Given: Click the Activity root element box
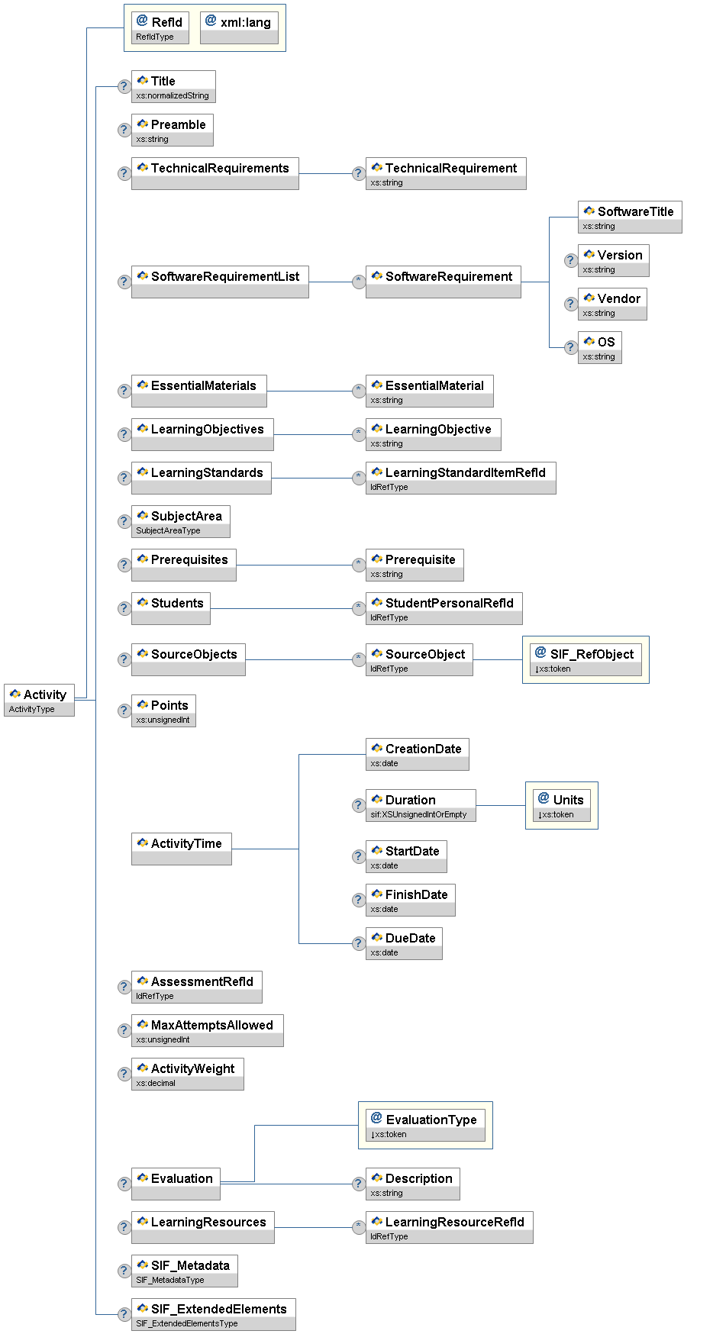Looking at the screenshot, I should (40, 699).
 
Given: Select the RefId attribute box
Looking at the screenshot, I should (160, 27).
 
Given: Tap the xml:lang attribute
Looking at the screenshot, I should (239, 27).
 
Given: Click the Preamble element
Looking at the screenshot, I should (172, 130).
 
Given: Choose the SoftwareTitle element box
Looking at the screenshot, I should (629, 217).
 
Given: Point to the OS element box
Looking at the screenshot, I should (599, 347).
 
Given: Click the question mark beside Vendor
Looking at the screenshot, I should (570, 304).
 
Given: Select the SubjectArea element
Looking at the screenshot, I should (180, 521).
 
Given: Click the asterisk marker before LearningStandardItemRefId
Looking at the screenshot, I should (358, 478).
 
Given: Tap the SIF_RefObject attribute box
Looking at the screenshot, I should (586, 659).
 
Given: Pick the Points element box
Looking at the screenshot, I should (163, 710).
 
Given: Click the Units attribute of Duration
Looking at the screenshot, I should (562, 805).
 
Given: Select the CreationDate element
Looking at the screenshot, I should (417, 754).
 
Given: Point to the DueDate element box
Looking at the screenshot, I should (404, 943).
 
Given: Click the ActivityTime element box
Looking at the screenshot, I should (181, 849).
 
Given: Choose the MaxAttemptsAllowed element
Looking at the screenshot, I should (207, 1030).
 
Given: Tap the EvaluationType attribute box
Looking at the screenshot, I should (425, 1125).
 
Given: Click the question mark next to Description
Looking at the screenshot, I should (358, 1184).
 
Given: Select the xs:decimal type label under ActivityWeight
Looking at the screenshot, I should (156, 1083).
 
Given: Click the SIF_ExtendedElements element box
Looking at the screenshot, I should (213, 1314).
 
